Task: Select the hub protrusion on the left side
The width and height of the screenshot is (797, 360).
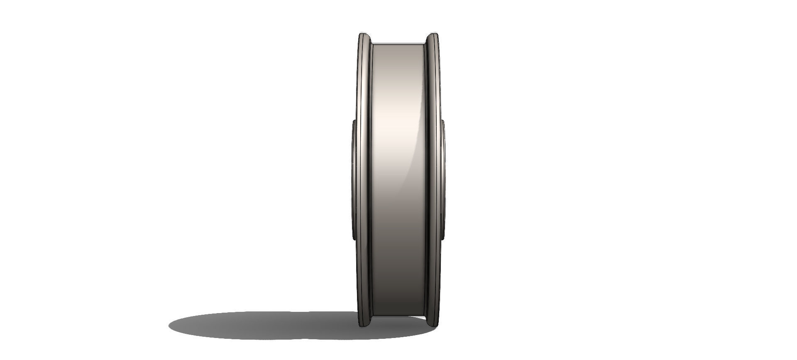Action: [354, 179]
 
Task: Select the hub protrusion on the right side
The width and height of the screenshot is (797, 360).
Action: [443, 179]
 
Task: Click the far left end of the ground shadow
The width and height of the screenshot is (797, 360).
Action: [170, 325]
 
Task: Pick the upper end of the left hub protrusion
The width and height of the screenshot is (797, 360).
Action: [354, 121]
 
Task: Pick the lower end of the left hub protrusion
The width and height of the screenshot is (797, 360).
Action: [354, 239]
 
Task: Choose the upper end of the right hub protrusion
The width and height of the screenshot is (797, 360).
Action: [443, 121]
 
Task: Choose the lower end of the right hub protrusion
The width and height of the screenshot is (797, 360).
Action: [443, 239]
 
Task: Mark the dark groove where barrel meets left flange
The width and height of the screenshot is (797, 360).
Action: [372, 179]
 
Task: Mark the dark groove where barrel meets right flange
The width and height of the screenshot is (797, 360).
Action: [426, 179]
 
